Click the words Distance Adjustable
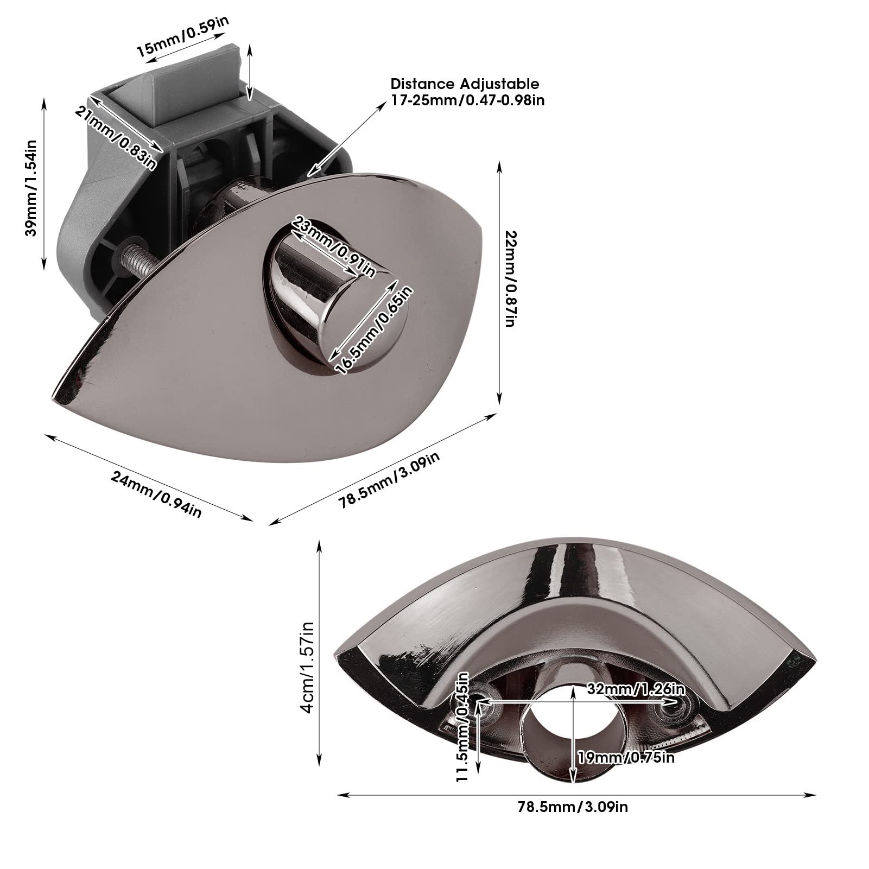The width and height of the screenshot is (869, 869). (x=465, y=84)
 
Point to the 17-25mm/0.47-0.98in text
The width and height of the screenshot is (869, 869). (x=467, y=100)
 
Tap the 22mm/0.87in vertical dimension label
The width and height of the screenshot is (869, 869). (x=510, y=278)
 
